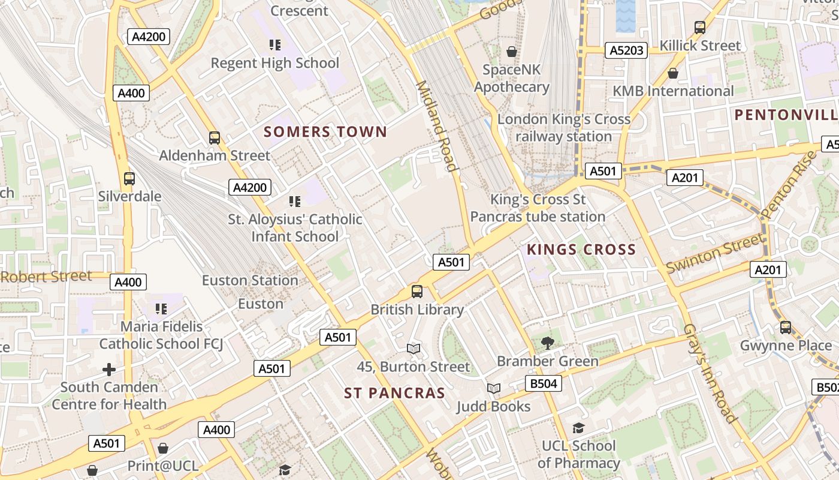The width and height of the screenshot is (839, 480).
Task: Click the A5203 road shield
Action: point(627,50)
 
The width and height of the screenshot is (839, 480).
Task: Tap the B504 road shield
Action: point(544,383)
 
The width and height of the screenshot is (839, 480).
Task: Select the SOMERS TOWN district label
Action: point(325,132)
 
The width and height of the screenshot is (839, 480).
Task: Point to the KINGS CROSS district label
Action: point(581,250)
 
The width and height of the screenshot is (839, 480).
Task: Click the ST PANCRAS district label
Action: point(394,393)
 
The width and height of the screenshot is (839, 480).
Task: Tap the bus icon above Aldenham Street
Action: point(215,137)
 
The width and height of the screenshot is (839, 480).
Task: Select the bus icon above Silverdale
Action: point(129,178)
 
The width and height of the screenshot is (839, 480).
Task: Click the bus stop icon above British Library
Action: point(417,292)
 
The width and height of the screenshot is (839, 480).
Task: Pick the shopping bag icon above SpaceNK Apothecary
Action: point(512,52)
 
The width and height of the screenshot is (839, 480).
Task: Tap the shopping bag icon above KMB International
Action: point(673,73)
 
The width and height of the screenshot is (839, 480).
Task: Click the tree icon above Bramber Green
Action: point(547,343)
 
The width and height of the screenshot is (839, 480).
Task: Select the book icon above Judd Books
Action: point(493,389)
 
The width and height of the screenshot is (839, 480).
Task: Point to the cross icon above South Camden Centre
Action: point(109,369)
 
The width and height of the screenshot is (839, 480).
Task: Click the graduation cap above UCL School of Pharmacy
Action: point(578,428)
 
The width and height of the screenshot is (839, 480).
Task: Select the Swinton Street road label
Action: point(716,253)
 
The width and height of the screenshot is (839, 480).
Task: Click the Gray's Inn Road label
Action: point(709,373)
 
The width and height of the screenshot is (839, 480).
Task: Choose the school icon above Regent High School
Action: point(275,45)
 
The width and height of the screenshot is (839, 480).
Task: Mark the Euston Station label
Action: point(250,280)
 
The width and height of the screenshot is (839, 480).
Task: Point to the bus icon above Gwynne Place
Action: point(786,328)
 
